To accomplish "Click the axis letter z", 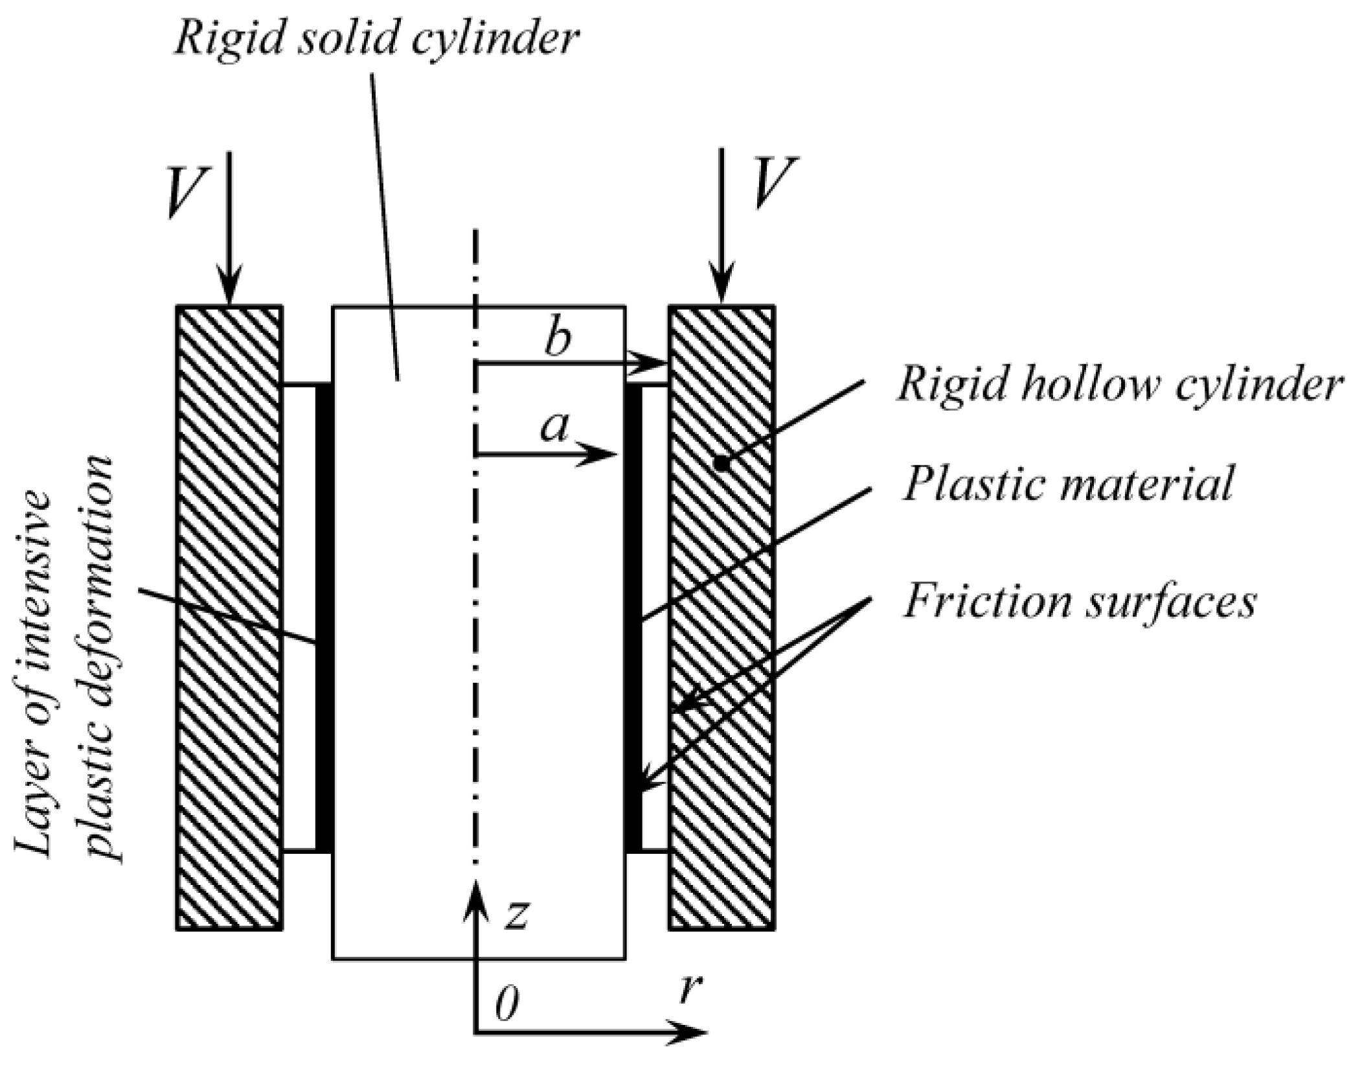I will tap(517, 914).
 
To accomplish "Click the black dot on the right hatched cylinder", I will tap(719, 463).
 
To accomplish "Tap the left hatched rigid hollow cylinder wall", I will tap(229, 615).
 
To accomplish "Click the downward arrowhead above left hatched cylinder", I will tap(229, 288).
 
